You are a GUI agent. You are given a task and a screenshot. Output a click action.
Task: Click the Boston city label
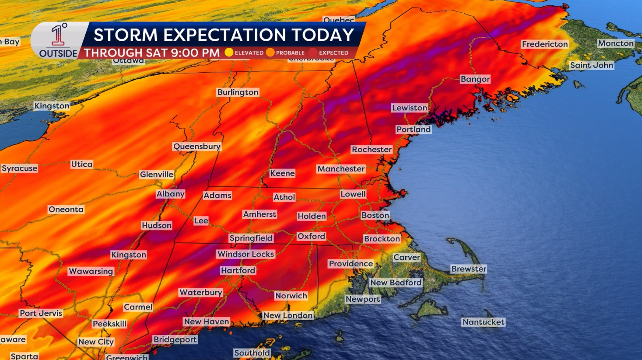point(375,215)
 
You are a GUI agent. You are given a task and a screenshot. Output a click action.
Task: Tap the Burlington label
point(238,92)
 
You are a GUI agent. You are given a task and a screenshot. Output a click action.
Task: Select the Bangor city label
point(475,79)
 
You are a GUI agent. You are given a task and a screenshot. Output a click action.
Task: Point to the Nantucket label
point(483,322)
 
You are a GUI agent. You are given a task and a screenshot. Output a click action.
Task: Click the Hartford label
point(238,271)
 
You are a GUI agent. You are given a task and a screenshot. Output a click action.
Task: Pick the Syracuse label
point(19,168)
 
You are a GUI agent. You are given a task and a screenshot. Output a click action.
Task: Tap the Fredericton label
point(544,44)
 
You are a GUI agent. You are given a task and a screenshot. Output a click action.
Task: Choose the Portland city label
point(413,130)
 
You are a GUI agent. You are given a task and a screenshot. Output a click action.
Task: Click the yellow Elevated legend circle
point(229,53)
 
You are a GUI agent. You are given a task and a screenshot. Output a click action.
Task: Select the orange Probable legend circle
point(270,53)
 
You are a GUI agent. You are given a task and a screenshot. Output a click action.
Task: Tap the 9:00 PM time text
point(195,53)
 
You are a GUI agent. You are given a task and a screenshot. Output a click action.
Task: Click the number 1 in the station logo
point(57,36)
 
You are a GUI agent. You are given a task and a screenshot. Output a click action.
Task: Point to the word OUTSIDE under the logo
point(58,54)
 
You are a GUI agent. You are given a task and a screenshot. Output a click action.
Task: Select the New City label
point(96,342)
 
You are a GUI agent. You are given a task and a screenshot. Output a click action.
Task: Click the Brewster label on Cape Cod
point(468,269)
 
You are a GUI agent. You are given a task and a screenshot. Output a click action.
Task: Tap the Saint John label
point(592,65)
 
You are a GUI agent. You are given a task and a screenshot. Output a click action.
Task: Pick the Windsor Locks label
point(246,254)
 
